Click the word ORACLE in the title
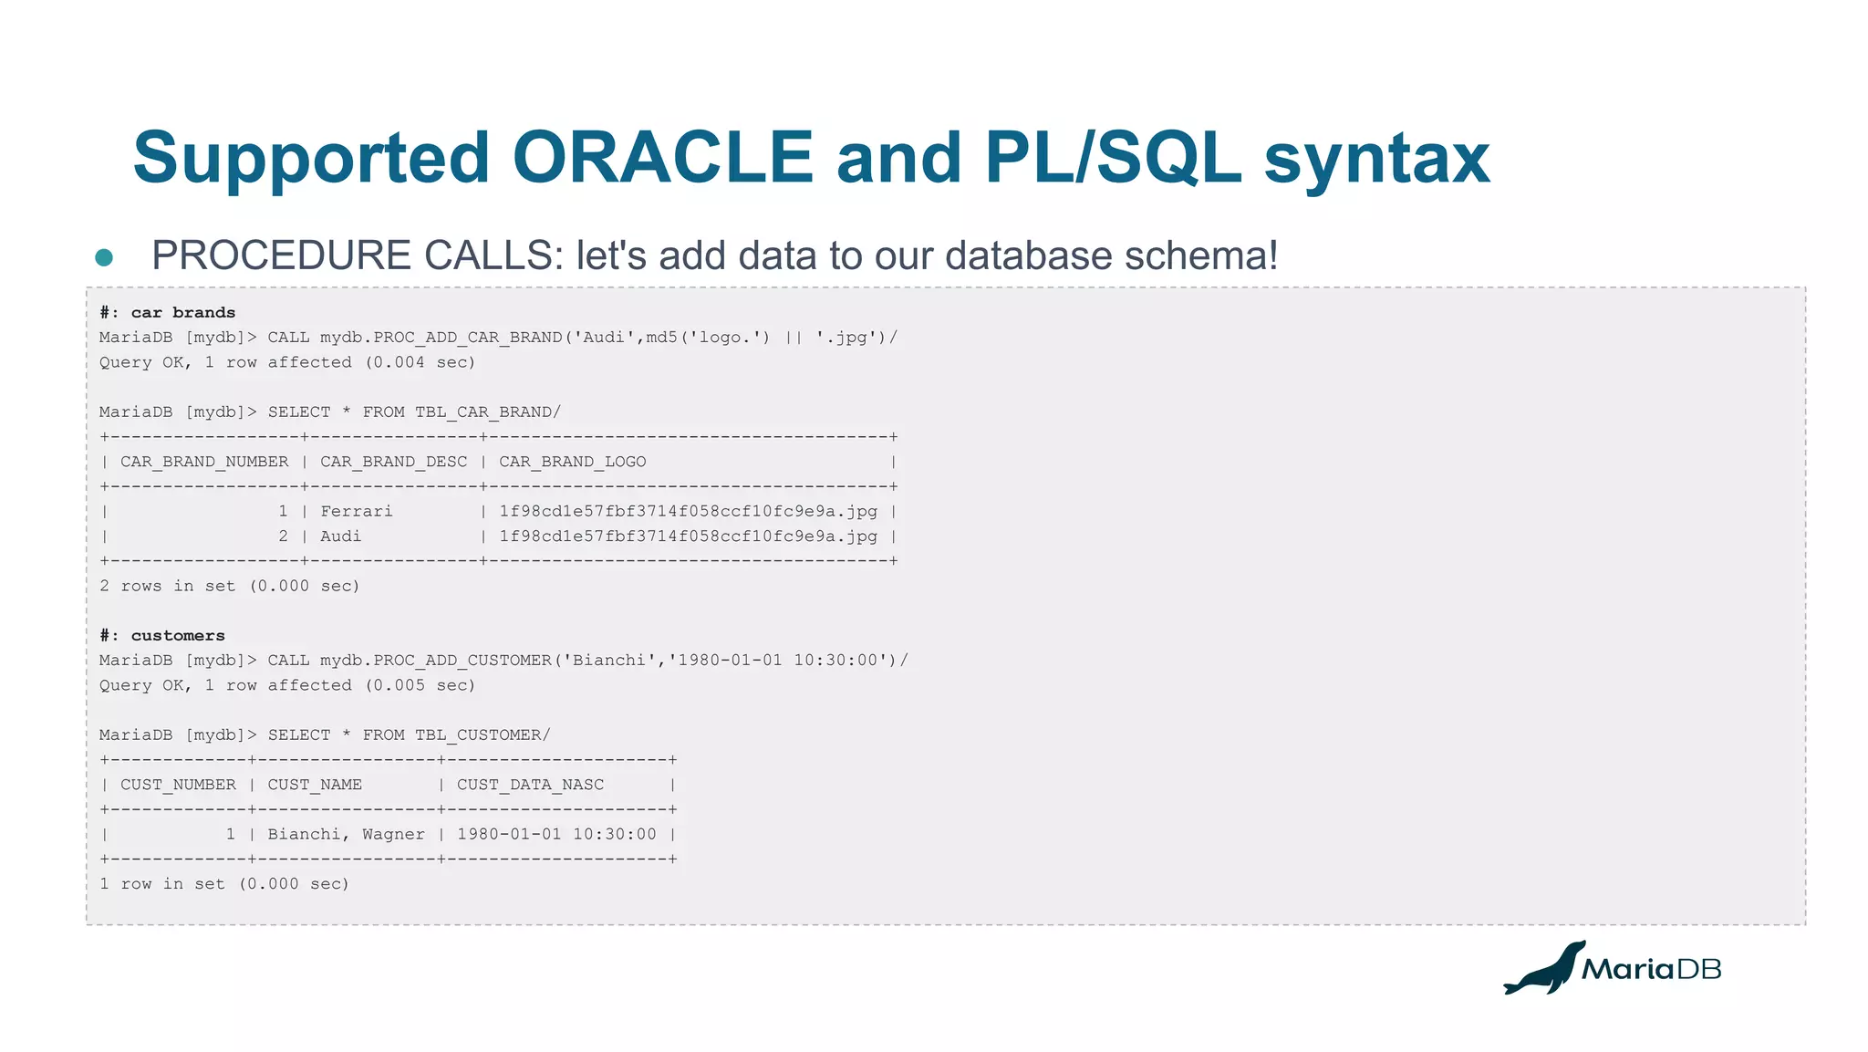(663, 158)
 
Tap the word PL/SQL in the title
(1113, 158)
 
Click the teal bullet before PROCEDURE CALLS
(104, 257)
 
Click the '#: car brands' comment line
(168, 312)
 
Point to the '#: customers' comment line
(162, 635)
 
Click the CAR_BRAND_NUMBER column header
(204, 462)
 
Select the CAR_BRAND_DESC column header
(393, 462)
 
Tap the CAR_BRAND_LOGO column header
(572, 462)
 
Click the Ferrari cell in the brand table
(357, 511)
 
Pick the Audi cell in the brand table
(340, 536)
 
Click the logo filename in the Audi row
(688, 536)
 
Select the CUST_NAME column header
(315, 785)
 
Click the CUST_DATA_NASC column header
(530, 785)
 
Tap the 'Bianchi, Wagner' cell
(346, 834)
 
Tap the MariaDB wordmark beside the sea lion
(1651, 969)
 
